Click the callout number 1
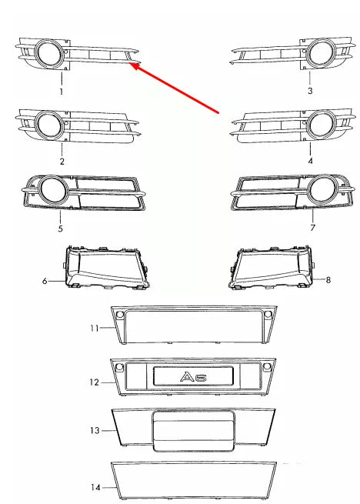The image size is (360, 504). click(62, 91)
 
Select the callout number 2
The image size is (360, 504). click(62, 162)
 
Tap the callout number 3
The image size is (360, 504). click(310, 91)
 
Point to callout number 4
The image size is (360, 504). click(310, 162)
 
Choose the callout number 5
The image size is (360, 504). click(62, 229)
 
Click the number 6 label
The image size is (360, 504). click(45, 282)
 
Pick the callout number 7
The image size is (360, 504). click(312, 229)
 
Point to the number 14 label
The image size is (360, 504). click(95, 487)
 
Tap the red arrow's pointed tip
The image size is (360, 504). click(131, 65)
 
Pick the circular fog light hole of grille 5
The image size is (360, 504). click(53, 189)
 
